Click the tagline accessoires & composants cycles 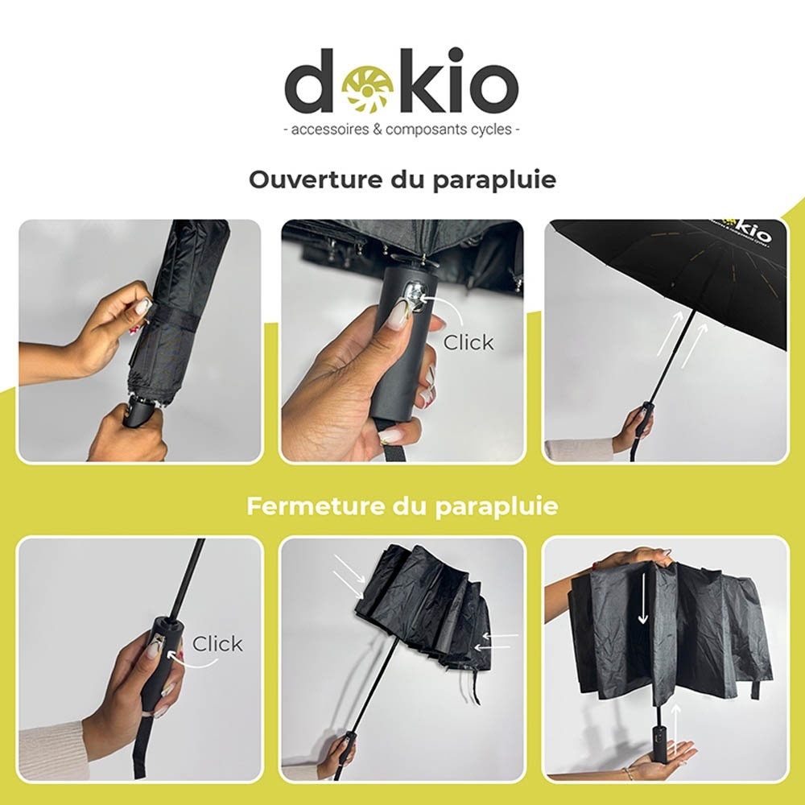tap(402, 129)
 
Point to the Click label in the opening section tap(469, 342)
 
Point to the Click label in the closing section tap(217, 644)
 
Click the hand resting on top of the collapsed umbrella tap(636, 557)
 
